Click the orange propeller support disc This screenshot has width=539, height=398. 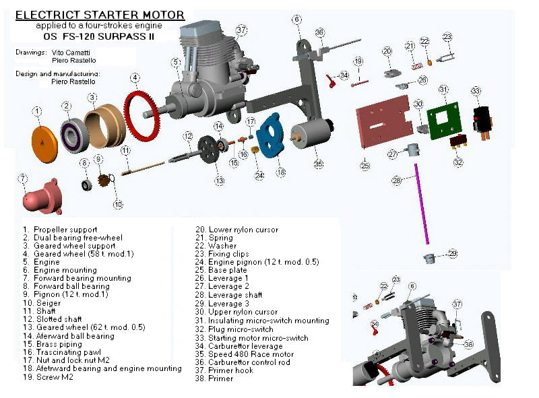coord(44,144)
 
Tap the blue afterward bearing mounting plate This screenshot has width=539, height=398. coord(271,135)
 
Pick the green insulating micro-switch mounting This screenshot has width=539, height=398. coord(444,121)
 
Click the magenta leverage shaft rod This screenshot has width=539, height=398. coord(422,204)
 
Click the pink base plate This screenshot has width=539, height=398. coord(384,121)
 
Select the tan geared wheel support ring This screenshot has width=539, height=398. coord(104,126)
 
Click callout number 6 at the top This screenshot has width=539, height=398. coord(296,20)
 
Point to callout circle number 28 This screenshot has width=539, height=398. coord(396,180)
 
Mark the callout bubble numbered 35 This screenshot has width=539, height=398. coord(319,164)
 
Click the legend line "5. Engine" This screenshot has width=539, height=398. coord(41,262)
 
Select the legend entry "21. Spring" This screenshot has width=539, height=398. coord(214,238)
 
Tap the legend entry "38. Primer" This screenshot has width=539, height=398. coord(214,378)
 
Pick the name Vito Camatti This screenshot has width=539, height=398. coord(71,53)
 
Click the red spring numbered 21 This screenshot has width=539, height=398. coord(417,66)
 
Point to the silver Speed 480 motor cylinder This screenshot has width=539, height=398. coord(311,133)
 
